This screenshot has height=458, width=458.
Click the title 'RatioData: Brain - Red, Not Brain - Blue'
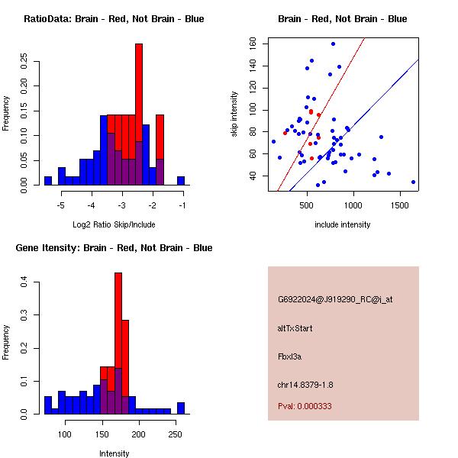(114, 19)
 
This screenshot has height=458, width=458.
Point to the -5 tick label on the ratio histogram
(61, 205)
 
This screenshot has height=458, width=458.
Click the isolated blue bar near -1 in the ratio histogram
(181, 180)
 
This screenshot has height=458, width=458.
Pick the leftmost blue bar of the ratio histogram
(47, 180)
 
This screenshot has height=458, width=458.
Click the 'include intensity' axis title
(343, 224)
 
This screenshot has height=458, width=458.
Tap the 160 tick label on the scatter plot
(252, 44)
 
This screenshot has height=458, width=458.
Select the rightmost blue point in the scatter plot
(413, 182)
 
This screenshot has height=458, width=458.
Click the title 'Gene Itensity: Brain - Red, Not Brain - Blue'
(114, 248)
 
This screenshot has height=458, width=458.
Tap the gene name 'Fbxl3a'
(291, 356)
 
